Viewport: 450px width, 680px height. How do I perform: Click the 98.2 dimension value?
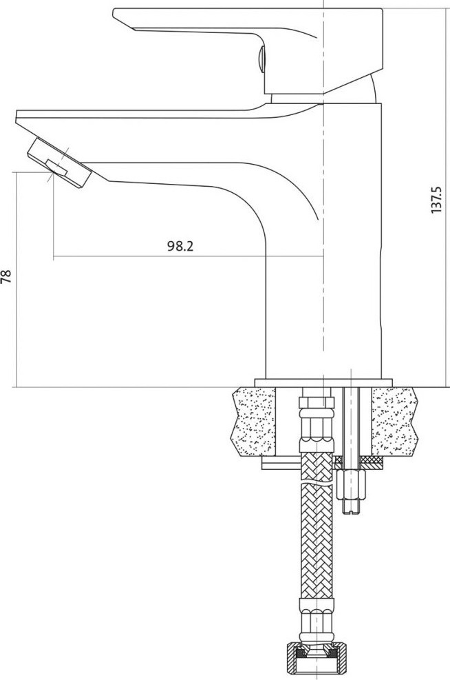tap(180, 247)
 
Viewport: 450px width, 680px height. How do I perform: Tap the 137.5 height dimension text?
tap(436, 200)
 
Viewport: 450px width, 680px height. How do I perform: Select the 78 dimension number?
tap(6, 277)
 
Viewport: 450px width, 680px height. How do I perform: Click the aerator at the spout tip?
tap(59, 163)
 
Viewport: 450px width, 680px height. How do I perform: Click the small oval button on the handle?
tap(261, 59)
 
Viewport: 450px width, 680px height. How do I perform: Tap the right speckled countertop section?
tap(394, 421)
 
